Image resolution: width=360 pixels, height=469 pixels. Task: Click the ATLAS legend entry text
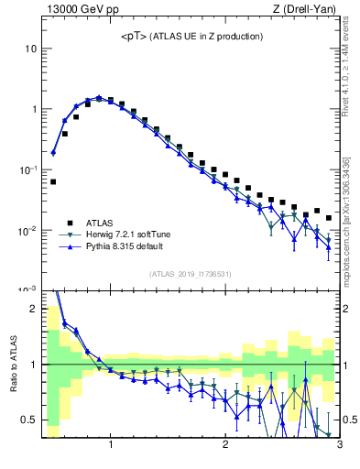pyautogui.click(x=101, y=222)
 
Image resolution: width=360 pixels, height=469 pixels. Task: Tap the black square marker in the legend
pyautogui.click(x=68, y=222)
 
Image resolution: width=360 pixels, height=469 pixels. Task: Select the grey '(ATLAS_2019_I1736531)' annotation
pyautogui.click(x=191, y=274)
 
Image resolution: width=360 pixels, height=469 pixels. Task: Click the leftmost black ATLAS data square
pyautogui.click(x=53, y=181)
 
